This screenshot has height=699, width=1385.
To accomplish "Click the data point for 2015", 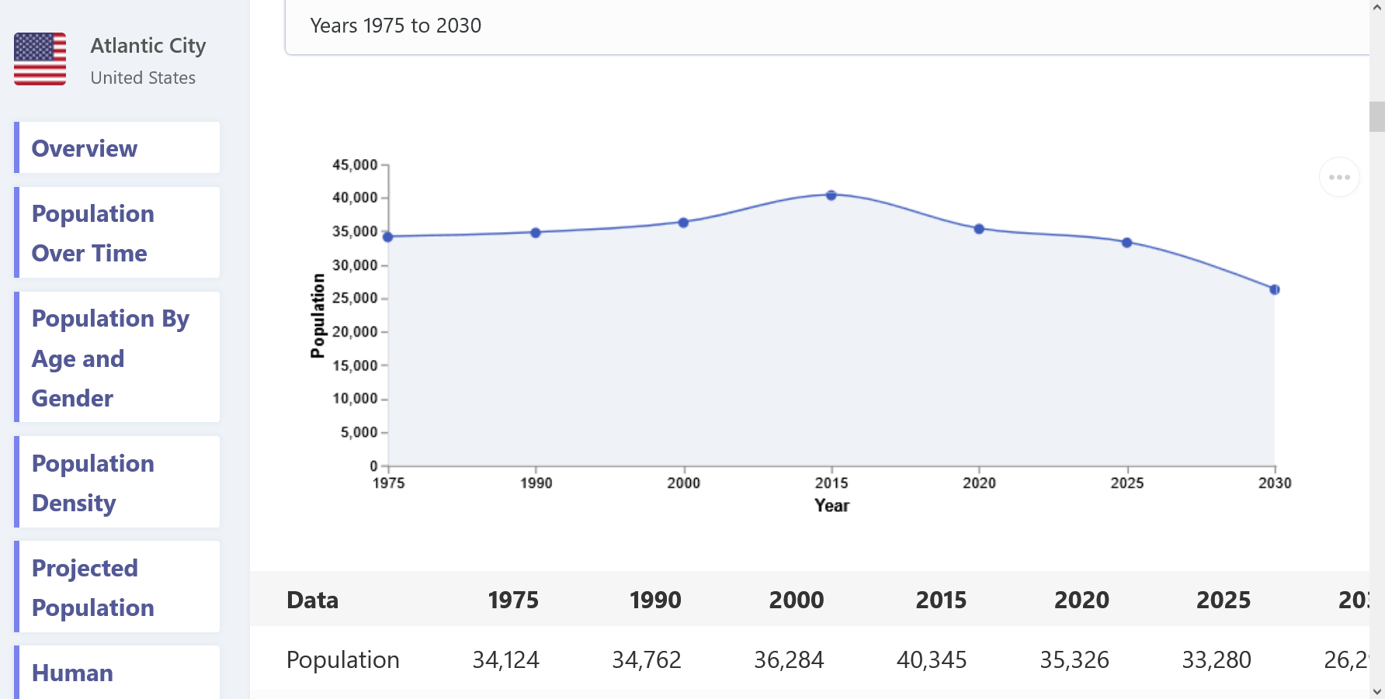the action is [831, 196].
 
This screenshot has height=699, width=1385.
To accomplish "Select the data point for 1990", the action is [536, 233].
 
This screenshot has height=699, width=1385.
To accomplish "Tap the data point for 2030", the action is [1275, 289].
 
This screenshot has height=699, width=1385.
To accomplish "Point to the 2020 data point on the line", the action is [979, 229].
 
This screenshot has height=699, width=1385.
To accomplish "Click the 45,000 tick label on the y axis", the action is [355, 164].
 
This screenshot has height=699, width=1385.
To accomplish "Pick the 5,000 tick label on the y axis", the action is [359, 432].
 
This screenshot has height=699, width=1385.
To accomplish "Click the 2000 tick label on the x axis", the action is [684, 483].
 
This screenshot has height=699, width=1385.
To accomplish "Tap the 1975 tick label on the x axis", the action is [388, 483].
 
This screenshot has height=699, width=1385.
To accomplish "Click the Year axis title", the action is [832, 506].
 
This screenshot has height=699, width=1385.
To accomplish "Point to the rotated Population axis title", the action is [318, 316].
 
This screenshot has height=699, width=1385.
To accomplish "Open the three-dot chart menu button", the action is [1339, 177].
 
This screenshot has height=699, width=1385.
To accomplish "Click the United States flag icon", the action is [40, 59].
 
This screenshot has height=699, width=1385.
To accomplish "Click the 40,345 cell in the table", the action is [932, 659].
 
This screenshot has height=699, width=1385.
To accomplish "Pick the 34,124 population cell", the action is [505, 659].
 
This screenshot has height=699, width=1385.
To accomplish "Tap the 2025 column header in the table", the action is [1224, 600].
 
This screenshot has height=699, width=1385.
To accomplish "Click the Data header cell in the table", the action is [313, 600].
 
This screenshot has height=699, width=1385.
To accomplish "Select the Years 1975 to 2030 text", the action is [396, 26].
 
